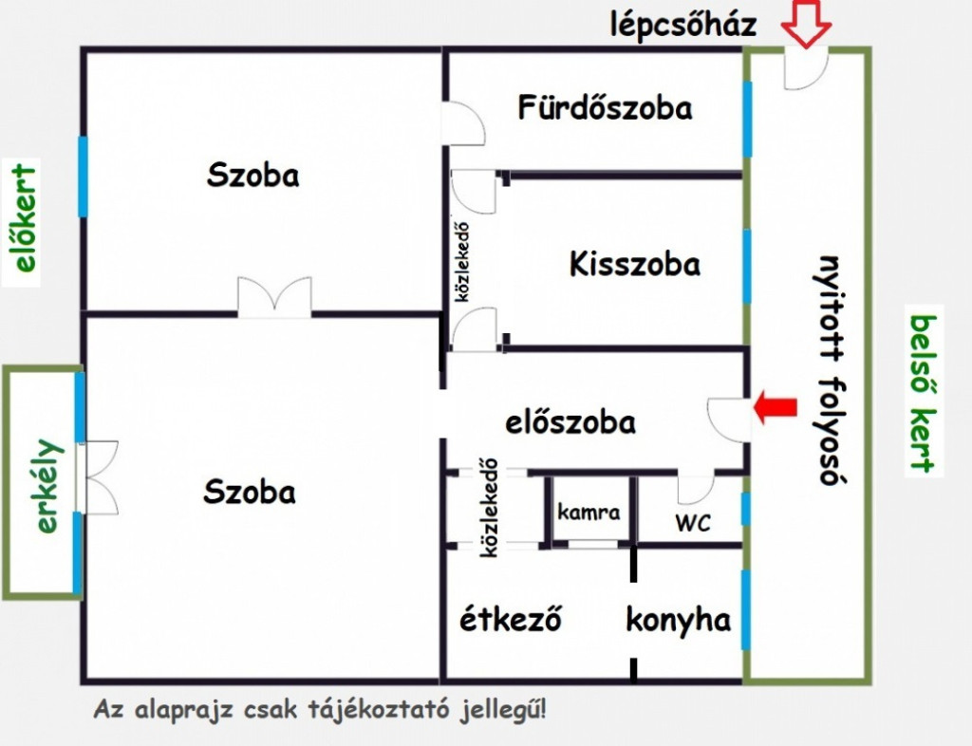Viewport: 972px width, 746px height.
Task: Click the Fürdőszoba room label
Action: (x=605, y=107)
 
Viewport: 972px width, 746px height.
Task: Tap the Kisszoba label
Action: (x=635, y=264)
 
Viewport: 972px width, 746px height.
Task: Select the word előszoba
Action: (x=570, y=422)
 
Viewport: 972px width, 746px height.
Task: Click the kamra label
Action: (x=589, y=513)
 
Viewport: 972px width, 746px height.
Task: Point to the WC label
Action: (x=693, y=523)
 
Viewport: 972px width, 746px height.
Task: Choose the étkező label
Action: (x=510, y=619)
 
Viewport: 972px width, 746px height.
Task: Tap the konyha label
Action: (x=678, y=620)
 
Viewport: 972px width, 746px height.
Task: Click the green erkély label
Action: (x=47, y=486)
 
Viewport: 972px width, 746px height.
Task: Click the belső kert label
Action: (x=923, y=394)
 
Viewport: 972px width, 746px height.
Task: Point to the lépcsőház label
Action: (x=683, y=25)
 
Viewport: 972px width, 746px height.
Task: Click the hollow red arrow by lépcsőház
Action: (x=806, y=23)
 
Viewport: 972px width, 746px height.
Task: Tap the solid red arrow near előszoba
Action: (x=775, y=407)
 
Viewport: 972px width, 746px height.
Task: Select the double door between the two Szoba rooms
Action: (x=274, y=297)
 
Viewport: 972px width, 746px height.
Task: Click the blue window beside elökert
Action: (x=83, y=177)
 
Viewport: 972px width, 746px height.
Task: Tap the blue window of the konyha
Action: (x=746, y=609)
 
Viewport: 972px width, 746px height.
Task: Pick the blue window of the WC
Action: (x=746, y=509)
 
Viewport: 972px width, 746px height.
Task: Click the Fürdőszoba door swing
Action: (x=463, y=124)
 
